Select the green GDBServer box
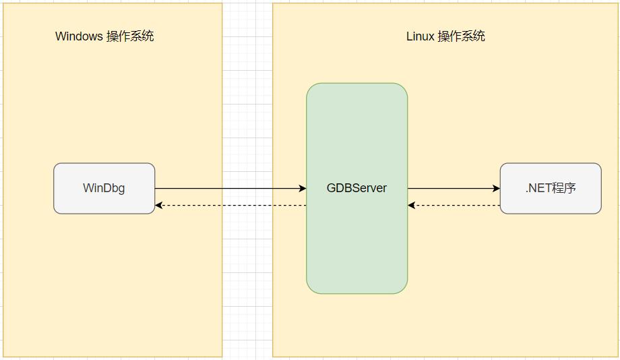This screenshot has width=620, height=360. [356, 243]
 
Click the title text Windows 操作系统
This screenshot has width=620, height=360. [104, 36]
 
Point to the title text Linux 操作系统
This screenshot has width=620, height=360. [445, 36]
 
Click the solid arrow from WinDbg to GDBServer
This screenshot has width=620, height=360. [229, 189]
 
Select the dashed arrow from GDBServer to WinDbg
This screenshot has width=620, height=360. [229, 205]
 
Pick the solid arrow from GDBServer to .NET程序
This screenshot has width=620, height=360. [453, 189]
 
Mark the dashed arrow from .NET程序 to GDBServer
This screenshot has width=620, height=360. [453, 205]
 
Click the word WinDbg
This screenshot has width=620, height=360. [104, 188]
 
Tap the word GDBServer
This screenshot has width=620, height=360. [356, 188]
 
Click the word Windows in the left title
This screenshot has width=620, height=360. [79, 36]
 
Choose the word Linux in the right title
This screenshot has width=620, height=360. [420, 36]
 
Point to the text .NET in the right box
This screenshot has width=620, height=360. [538, 188]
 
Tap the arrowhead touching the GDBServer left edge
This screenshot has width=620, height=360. [303, 189]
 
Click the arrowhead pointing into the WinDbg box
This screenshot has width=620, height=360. [159, 205]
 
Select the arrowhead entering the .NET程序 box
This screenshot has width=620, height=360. [496, 189]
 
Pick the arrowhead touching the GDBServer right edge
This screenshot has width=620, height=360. [412, 205]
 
